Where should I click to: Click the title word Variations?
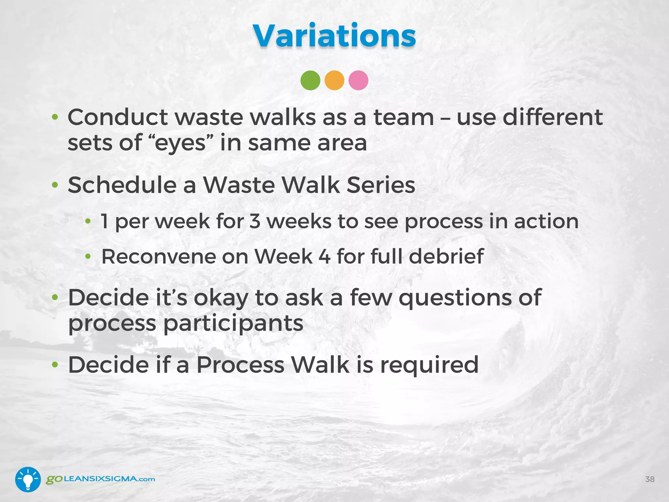pyautogui.click(x=334, y=36)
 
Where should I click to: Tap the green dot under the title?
pyautogui.click(x=310, y=80)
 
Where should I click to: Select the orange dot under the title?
pyautogui.click(x=334, y=80)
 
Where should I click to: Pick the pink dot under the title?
pyautogui.click(x=358, y=80)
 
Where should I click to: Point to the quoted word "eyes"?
pyautogui.click(x=180, y=143)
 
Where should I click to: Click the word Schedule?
pyautogui.click(x=122, y=185)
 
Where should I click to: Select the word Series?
pyautogui.click(x=381, y=185)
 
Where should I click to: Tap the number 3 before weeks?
pyautogui.click(x=255, y=221)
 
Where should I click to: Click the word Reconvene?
pyautogui.click(x=158, y=257)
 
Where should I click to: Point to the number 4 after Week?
pyautogui.click(x=324, y=257)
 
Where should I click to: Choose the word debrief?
pyautogui.click(x=446, y=257)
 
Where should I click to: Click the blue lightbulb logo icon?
pyautogui.click(x=28, y=479)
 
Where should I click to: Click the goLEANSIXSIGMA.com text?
pyautogui.click(x=100, y=479)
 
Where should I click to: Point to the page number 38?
pyautogui.click(x=650, y=479)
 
